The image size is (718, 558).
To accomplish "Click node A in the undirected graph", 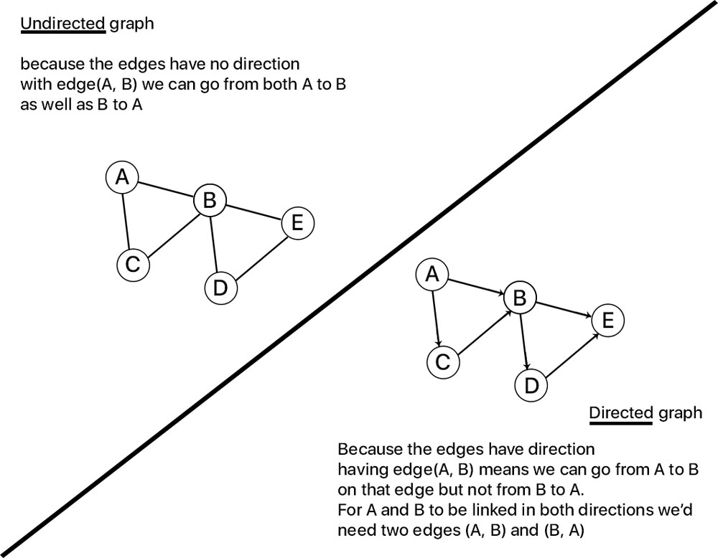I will click(122, 176).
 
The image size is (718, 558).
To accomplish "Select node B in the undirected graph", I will click(210, 201).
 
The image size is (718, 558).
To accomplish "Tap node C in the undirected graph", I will click(132, 265).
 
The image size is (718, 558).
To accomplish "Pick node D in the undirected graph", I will click(220, 288).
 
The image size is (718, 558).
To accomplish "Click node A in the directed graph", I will click(432, 274).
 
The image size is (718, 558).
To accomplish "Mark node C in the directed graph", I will click(442, 362).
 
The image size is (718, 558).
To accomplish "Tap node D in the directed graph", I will click(531, 386).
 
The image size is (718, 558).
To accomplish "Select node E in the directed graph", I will click(607, 321).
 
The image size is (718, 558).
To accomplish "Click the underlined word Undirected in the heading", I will click(63, 24).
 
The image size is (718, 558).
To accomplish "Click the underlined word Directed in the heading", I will click(620, 413).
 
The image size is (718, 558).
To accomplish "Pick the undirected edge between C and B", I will click(171, 233).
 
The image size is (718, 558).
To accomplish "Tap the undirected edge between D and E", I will click(258, 256).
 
